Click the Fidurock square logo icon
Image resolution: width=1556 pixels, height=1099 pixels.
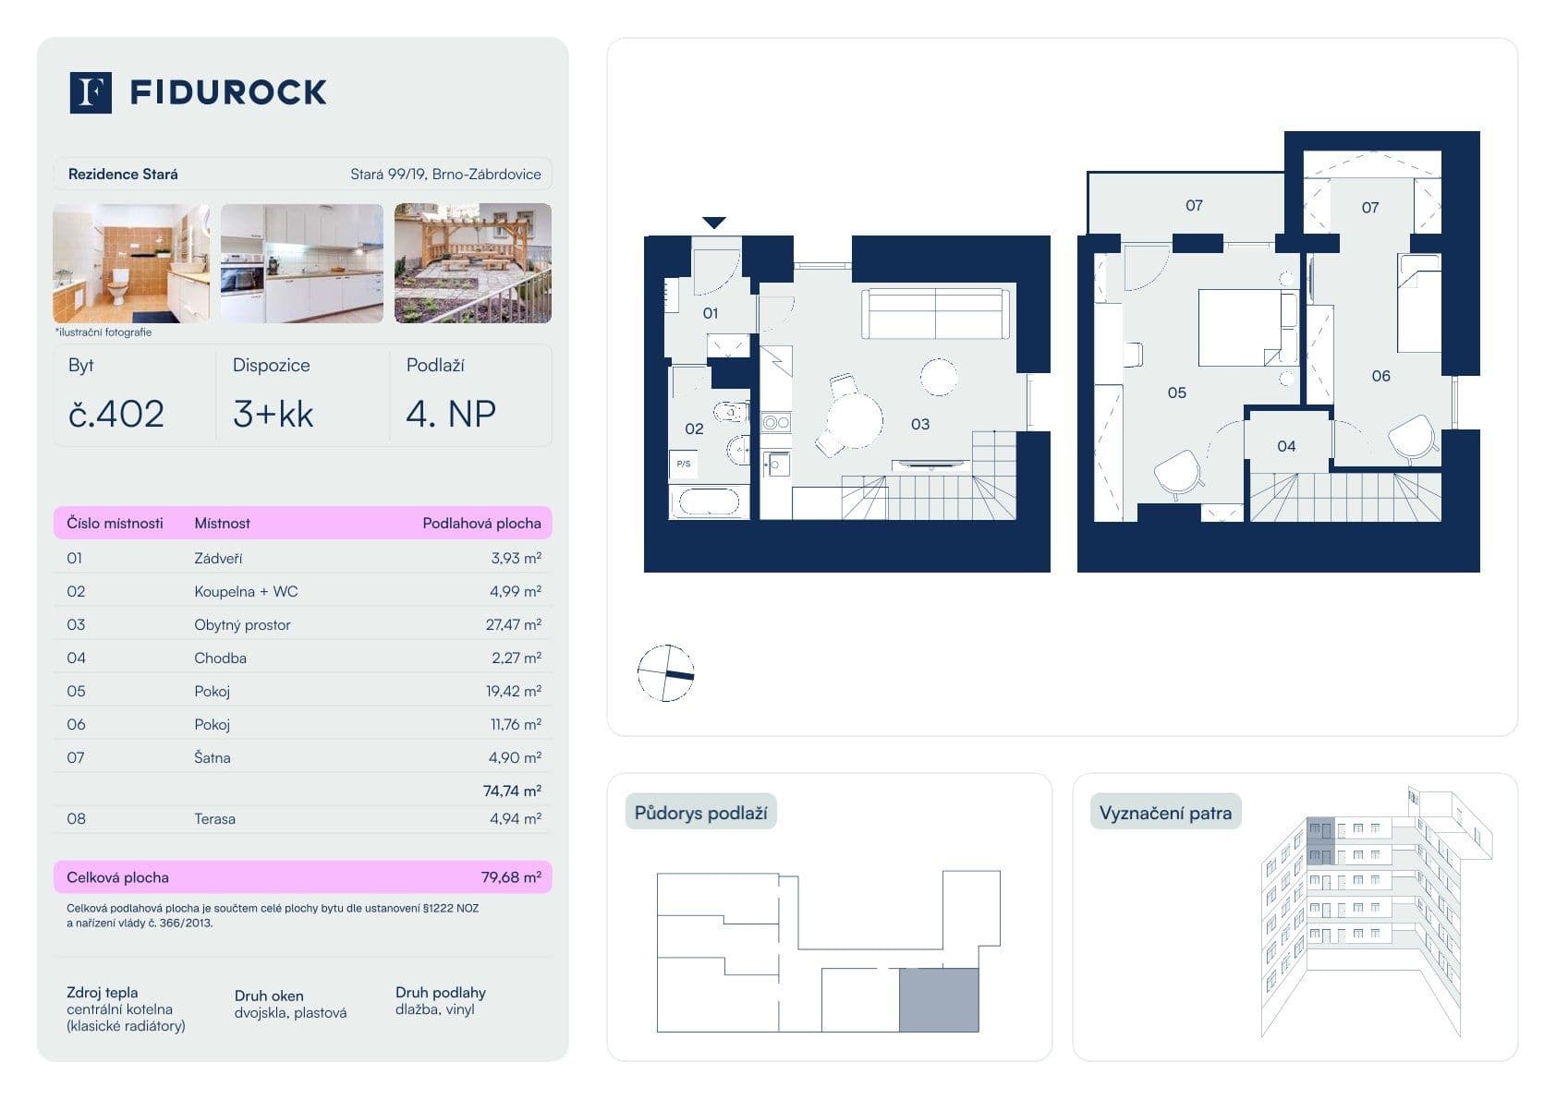91,92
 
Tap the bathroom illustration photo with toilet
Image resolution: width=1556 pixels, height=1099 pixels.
130,263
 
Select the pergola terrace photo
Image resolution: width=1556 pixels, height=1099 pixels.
472,263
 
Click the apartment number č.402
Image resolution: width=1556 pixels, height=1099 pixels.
116,414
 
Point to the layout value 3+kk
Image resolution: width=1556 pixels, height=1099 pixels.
273,414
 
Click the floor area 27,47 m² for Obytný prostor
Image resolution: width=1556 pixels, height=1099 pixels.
513,625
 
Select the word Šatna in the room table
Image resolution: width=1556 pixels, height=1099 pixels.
213,758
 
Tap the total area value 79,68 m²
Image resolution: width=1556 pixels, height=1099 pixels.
511,877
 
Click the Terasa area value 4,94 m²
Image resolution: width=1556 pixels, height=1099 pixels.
515,819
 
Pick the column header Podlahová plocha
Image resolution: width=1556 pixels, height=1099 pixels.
481,524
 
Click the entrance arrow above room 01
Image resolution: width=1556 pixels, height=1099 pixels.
713,223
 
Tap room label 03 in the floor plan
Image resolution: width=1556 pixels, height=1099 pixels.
920,425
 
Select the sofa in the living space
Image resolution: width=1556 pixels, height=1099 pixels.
935,314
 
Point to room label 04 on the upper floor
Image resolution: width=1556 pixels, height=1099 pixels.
1286,447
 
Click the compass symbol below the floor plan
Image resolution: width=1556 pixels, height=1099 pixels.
665,673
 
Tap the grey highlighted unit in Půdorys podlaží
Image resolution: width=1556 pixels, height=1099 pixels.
939,1000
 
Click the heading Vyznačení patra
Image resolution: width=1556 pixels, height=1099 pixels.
1165,814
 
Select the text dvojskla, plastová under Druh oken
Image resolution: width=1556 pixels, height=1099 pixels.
290,1013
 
